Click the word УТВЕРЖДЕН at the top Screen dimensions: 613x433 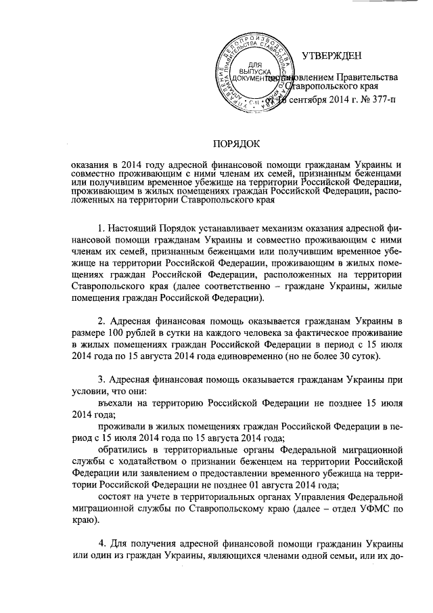click(332, 55)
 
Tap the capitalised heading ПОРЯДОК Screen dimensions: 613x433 click(236, 144)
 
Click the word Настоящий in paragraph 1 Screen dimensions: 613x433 click(137, 230)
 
